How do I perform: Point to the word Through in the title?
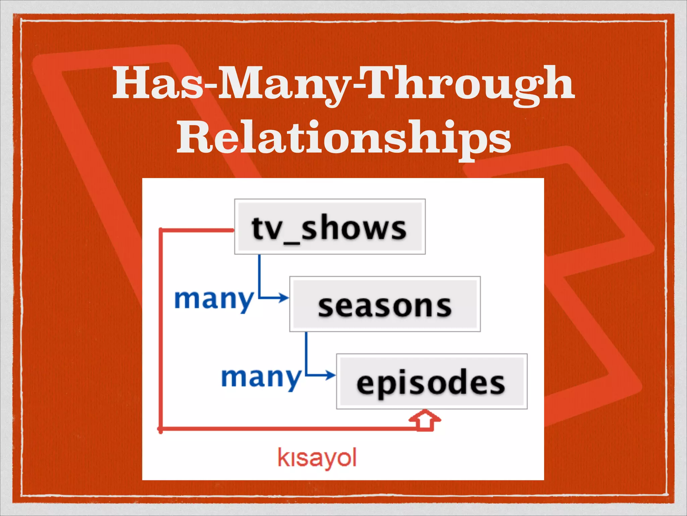tap(470, 84)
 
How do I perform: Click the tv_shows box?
tap(330, 227)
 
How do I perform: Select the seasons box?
tap(385, 304)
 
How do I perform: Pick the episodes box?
tap(431, 382)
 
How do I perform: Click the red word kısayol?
tap(317, 458)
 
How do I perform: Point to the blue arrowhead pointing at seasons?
tap(284, 298)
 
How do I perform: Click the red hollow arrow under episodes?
tap(425, 420)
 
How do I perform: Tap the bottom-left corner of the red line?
tap(160, 429)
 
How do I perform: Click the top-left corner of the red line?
tap(160, 230)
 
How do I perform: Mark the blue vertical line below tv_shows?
tap(259, 274)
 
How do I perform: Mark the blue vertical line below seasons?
tap(306, 351)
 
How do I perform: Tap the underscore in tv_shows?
tap(292, 243)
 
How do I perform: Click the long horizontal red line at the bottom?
tap(285, 429)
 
